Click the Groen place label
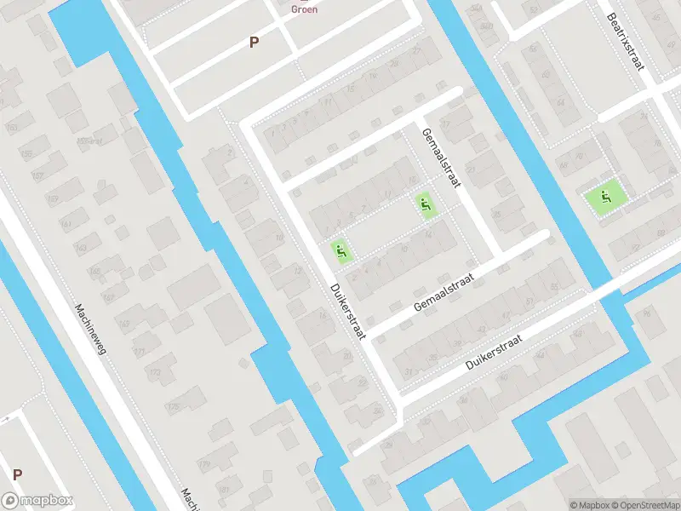(304, 9)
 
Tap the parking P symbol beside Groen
(254, 42)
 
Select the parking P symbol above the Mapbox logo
(17, 474)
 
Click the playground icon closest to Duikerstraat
(340, 251)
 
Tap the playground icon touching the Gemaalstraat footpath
(424, 204)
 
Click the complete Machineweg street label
(89, 330)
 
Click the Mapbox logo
(37, 501)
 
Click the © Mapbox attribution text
(588, 504)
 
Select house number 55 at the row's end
(555, 287)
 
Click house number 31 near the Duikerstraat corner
(409, 372)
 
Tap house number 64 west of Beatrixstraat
(559, 102)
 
